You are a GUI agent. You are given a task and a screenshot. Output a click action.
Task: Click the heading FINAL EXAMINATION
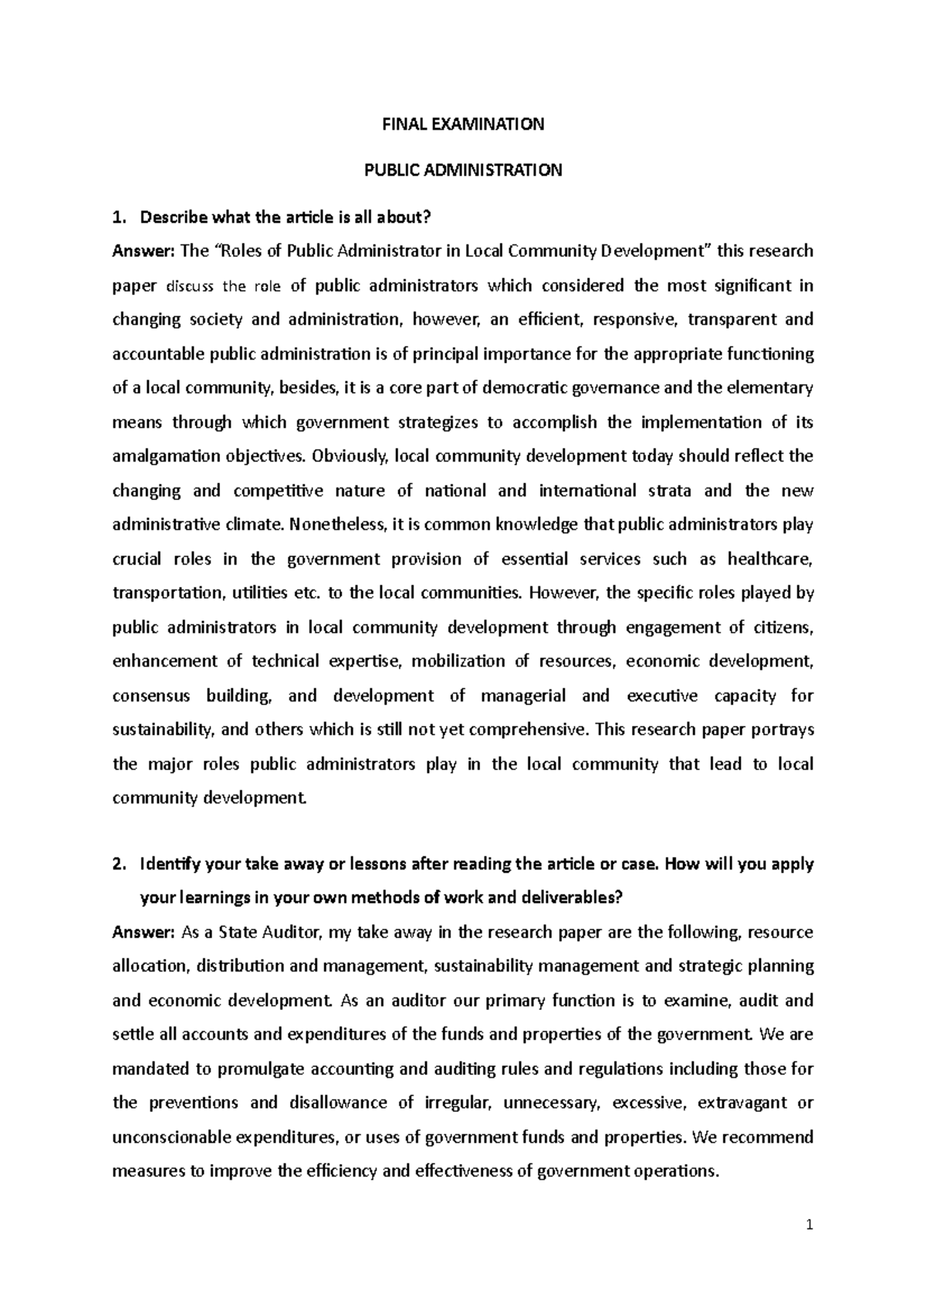coord(463,124)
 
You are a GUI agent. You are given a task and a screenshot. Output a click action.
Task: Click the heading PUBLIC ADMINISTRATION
coord(463,171)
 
